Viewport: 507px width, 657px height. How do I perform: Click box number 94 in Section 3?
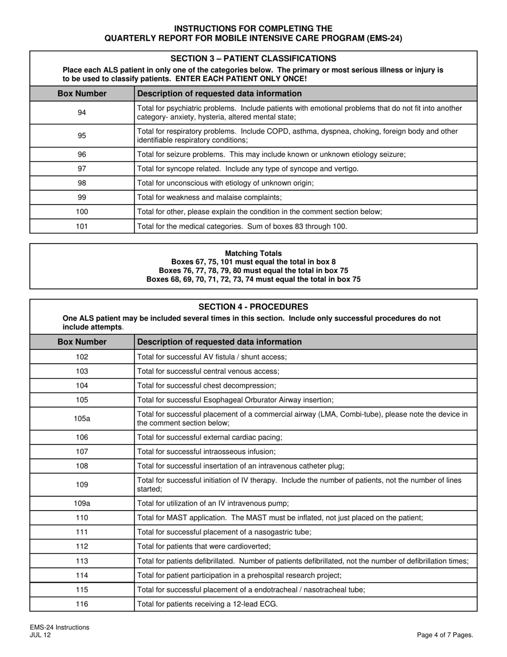[x=82, y=113]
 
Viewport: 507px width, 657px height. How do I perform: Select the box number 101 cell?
[x=82, y=226]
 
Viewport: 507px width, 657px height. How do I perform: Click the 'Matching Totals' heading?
[x=253, y=253]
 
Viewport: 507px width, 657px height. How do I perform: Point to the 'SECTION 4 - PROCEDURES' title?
[x=253, y=307]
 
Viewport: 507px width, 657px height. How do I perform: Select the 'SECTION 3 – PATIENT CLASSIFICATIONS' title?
[x=253, y=58]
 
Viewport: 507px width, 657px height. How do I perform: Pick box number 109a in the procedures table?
[x=82, y=503]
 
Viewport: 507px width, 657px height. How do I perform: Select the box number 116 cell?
[x=82, y=604]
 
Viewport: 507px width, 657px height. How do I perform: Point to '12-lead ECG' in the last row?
[x=257, y=604]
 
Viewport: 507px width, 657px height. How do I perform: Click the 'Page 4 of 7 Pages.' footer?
[x=445, y=635]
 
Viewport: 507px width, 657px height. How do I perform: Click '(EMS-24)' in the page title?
[x=383, y=38]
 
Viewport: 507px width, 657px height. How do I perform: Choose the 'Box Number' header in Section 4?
[x=82, y=342]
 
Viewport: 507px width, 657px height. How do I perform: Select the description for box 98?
[x=225, y=183]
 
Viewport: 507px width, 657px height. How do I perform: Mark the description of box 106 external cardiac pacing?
[x=210, y=437]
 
